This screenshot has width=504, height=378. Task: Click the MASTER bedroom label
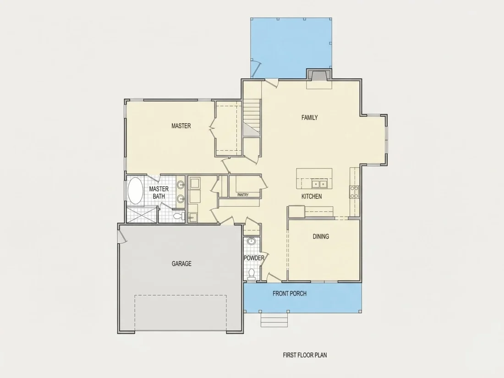point(181,126)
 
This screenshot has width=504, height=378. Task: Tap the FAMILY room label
point(310,118)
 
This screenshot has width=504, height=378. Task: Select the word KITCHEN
point(312,197)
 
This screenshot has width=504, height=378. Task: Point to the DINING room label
point(321,236)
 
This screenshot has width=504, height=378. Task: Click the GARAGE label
point(181,264)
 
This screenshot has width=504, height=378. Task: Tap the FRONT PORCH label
point(290,293)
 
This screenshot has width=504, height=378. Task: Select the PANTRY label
point(243,195)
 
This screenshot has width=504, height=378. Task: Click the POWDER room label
point(254,258)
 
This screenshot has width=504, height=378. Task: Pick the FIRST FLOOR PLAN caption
point(305,355)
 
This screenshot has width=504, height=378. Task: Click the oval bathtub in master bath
point(135,191)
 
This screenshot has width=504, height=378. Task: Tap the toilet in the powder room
point(252,274)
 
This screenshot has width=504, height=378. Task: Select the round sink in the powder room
point(252,241)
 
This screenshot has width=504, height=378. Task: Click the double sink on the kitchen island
point(319,184)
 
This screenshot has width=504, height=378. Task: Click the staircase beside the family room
point(251,117)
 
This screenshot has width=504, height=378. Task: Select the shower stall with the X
point(142,214)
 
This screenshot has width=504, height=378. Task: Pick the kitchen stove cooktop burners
point(354,192)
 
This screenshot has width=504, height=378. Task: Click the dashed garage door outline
point(181,313)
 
